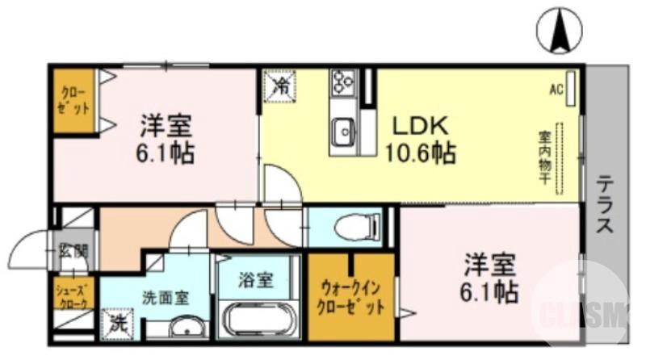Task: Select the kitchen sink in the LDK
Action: [343, 129]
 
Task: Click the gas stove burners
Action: [342, 82]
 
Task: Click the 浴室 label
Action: [257, 280]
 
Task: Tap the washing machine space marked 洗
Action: [119, 326]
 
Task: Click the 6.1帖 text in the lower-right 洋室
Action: [490, 291]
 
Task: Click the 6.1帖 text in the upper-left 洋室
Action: [166, 153]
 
